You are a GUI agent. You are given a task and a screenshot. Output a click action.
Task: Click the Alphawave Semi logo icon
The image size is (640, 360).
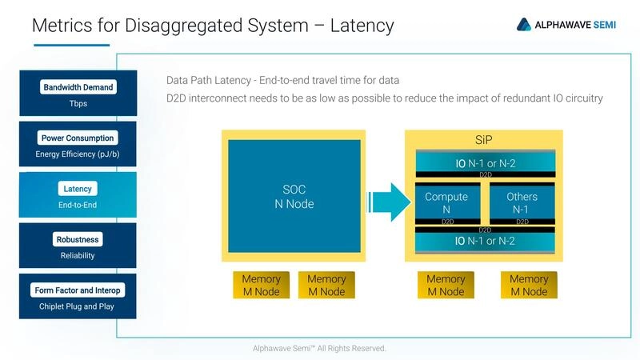tap(524, 25)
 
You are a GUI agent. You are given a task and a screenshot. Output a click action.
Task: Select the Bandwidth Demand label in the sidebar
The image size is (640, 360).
tap(78, 87)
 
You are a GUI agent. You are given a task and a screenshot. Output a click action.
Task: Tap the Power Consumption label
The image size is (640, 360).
tap(78, 138)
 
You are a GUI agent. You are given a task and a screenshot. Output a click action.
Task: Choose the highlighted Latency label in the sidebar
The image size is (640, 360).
tap(78, 189)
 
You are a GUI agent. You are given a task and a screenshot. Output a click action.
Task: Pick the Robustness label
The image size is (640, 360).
tap(78, 239)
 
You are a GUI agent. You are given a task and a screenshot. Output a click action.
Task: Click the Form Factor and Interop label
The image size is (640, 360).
tap(78, 290)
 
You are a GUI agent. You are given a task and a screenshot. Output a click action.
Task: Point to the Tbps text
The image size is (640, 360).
tap(78, 103)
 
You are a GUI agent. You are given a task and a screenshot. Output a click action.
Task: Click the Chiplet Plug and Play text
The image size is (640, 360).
tap(78, 306)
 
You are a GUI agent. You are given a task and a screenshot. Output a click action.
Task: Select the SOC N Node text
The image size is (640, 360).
tap(293, 197)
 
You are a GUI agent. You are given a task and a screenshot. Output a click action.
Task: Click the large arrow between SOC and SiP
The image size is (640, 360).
tap(388, 202)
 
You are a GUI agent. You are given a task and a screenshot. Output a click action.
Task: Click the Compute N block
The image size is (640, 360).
tap(446, 202)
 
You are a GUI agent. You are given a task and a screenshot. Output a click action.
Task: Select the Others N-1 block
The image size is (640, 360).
tap(522, 202)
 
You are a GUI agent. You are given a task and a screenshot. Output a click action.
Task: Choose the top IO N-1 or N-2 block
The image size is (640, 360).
tap(485, 163)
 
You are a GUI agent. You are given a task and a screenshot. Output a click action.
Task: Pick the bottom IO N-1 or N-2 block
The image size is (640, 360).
tap(485, 241)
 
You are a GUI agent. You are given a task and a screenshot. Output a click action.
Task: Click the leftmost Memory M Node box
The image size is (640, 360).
tap(262, 286)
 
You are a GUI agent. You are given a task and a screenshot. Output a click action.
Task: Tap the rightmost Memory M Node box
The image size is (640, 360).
tap(529, 286)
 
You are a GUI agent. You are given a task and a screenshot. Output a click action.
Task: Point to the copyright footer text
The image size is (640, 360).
tap(319, 348)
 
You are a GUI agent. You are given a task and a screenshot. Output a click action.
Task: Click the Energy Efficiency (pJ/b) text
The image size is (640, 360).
tap(78, 154)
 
